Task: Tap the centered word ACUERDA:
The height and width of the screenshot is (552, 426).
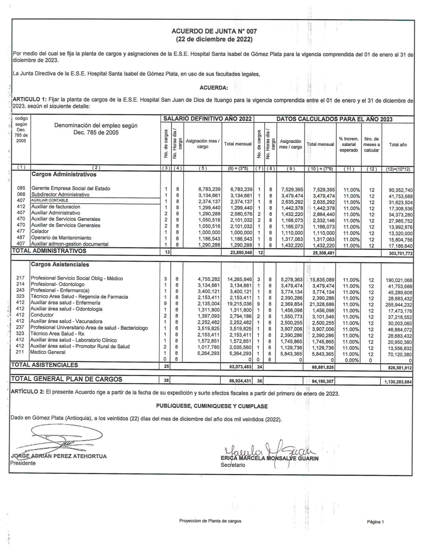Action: (213, 87)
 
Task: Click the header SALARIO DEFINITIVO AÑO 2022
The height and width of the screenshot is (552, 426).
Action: (208, 119)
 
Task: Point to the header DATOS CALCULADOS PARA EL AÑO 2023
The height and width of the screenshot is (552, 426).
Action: (334, 119)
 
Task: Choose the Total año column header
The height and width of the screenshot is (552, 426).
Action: (398, 145)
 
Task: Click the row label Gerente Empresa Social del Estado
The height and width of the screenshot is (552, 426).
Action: (71, 188)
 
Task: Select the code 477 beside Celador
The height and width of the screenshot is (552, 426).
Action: (21, 231)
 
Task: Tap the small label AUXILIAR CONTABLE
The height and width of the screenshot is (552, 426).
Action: (47, 200)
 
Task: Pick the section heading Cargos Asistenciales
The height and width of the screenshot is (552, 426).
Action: (59, 265)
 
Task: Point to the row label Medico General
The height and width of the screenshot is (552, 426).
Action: (48, 352)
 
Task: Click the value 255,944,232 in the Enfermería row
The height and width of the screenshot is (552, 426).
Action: (399, 305)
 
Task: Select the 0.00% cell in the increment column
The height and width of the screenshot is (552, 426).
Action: (351, 360)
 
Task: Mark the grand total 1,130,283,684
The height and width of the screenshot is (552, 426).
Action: (397, 382)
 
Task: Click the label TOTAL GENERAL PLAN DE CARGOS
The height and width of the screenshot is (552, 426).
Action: (67, 379)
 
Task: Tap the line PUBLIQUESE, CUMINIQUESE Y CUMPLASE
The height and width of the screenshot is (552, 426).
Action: (212, 406)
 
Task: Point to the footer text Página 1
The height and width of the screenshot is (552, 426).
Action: (375, 522)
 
